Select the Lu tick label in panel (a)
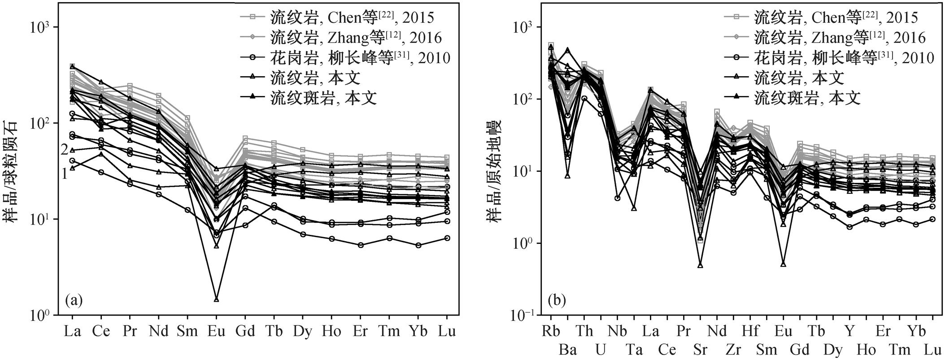(x=447, y=331)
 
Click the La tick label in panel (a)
(x=72, y=331)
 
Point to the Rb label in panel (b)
(x=551, y=331)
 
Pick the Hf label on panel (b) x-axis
(x=750, y=331)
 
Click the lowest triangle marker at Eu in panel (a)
(x=216, y=299)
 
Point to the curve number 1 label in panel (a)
(x=64, y=173)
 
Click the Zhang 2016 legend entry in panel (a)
(x=340, y=37)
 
